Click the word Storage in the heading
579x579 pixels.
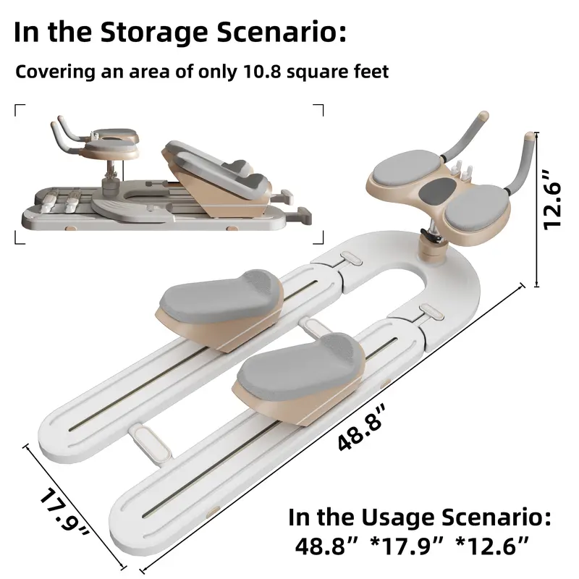tap(154, 33)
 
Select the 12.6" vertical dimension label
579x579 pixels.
tap(553, 200)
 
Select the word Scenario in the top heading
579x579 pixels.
tap(282, 33)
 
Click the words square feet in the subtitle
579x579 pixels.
tap(338, 72)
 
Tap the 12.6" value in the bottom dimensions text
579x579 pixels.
tap(492, 546)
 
